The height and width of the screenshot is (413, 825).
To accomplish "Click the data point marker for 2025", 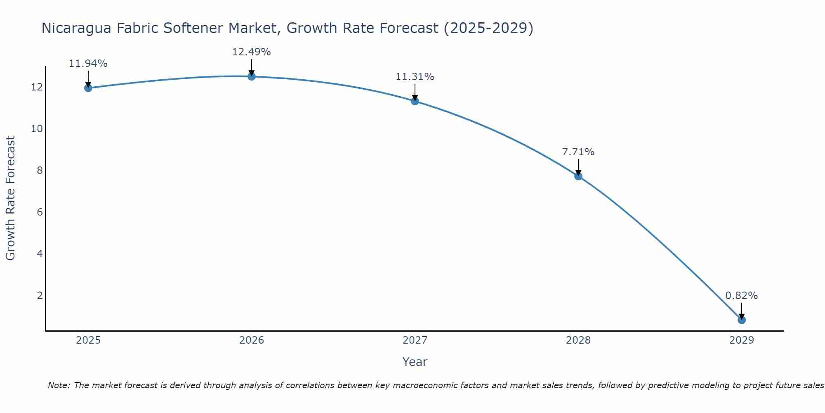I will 88,88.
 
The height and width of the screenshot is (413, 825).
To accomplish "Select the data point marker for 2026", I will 252,76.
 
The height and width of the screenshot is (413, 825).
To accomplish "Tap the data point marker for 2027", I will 415,101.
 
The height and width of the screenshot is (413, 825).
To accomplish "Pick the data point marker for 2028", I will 578,176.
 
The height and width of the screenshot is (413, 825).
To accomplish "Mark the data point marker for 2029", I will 742,320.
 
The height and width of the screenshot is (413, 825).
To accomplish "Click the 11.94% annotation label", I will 88,64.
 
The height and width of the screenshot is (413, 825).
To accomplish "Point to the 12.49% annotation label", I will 251,52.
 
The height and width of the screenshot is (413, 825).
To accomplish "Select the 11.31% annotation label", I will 415,77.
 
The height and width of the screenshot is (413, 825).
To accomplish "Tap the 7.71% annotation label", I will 578,152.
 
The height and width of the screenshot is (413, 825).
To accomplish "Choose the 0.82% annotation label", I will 741,296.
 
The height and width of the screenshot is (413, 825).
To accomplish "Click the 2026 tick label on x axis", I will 252,340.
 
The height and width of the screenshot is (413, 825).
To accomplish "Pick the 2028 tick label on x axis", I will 578,340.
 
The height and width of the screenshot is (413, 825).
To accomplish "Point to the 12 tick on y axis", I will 37,87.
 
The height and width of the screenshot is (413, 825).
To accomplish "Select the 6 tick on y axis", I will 40,212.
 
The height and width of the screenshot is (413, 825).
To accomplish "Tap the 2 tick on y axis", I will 40,296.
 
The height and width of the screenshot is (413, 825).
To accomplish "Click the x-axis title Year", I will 415,362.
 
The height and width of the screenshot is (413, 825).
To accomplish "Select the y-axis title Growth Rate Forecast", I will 11,198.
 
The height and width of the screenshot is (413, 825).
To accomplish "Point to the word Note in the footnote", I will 59,385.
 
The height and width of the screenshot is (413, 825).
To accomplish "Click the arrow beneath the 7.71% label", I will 578,167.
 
